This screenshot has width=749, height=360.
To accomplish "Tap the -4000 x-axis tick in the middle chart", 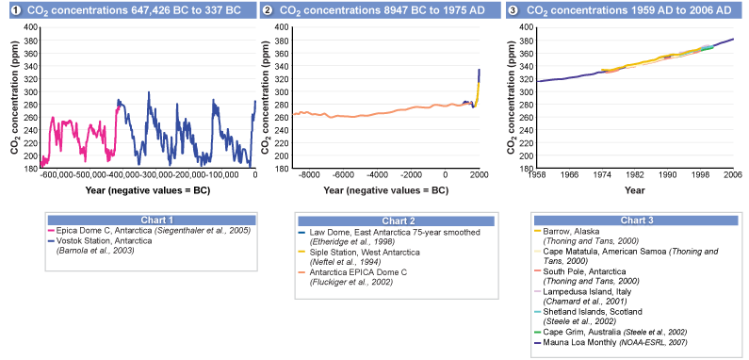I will tap(377, 175).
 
